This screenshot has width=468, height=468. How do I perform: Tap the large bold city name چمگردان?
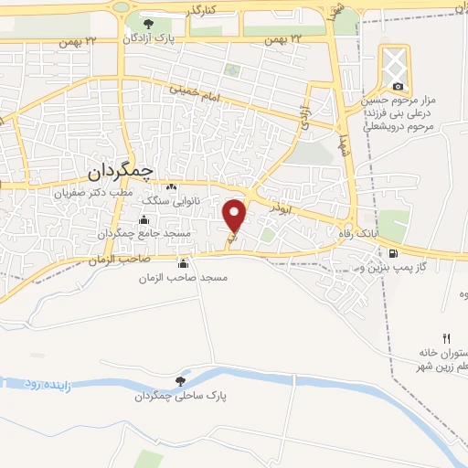pos(124,172)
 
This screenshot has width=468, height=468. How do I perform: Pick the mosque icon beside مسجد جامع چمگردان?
pos(144,219)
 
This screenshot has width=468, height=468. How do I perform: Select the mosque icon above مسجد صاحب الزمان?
pos(187,263)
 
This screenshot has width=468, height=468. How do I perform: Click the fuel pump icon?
pos(393,253)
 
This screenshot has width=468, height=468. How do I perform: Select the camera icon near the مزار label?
pos(398,87)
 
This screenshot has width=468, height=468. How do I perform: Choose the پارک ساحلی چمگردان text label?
pos(178,397)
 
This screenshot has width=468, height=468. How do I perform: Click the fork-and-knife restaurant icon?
pos(447,337)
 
